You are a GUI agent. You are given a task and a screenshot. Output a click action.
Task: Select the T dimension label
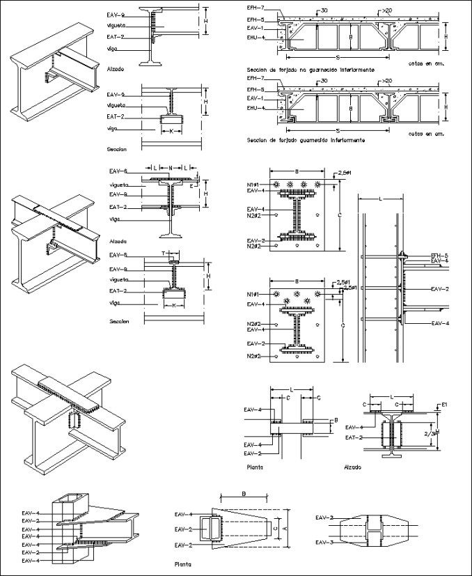tap(164, 254)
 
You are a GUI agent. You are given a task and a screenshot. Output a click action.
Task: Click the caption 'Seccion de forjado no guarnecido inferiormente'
tap(311, 70)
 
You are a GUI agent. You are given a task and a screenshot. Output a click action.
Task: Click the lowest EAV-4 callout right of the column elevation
tap(440, 323)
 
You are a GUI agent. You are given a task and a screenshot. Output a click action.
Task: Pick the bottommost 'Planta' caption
tap(184, 566)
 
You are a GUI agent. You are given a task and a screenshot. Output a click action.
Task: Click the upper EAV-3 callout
tap(324, 518)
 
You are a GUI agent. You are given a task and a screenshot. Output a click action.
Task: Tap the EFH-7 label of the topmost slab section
tap(255, 7)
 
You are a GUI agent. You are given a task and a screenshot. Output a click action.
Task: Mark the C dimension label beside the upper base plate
tap(340, 216)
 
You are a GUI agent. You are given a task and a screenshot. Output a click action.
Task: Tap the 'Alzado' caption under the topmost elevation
tap(116, 70)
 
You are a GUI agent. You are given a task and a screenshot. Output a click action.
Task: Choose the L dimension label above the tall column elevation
tap(380, 199)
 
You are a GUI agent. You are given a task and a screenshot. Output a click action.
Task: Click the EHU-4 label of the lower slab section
tap(255, 108)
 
